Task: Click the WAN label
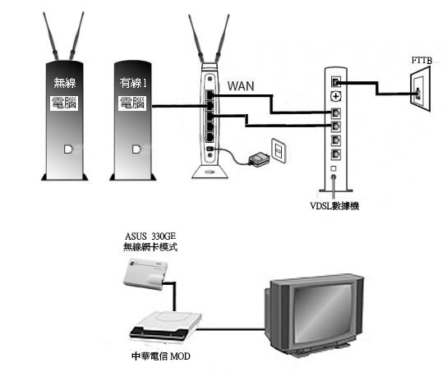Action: [241, 85]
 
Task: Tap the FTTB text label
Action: [422, 61]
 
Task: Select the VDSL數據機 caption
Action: [334, 206]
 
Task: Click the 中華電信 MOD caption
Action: [161, 356]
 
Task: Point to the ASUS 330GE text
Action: [150, 236]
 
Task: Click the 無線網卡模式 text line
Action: [150, 246]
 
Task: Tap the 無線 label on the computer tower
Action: [65, 83]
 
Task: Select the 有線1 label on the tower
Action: [133, 83]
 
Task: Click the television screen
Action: [323, 314]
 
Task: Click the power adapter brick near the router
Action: [259, 159]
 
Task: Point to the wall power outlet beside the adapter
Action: [278, 150]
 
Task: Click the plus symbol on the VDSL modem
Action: [336, 97]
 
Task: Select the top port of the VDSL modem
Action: [336, 82]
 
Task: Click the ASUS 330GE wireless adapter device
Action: [145, 273]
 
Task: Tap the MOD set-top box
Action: [166, 327]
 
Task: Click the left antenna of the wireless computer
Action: [51, 36]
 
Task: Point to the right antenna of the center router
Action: [223, 39]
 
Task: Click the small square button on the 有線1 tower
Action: [136, 149]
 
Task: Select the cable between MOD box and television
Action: [231, 329]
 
